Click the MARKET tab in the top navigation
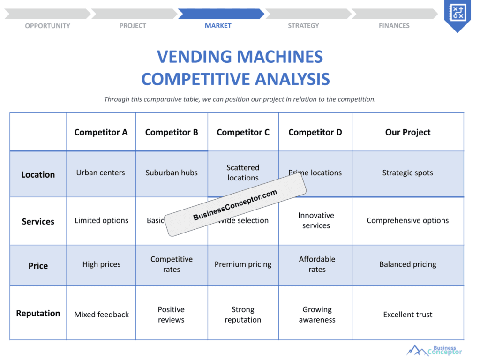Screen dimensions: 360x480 (218, 26)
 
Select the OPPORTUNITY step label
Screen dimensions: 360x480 (47, 26)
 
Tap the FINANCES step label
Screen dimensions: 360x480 (394, 26)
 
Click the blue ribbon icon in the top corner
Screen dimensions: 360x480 (457, 14)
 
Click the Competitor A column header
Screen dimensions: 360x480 (101, 132)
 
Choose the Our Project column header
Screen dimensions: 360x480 (408, 132)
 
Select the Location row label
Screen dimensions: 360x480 (38, 174)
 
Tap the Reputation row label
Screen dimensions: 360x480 (38, 313)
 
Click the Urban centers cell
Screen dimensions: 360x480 (101, 172)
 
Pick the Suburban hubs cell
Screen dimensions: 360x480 (172, 172)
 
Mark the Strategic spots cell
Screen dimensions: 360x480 (408, 172)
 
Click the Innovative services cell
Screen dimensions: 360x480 (316, 220)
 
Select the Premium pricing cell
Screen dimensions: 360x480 (243, 264)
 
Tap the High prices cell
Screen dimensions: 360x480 (101, 264)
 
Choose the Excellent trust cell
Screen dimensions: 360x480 (408, 315)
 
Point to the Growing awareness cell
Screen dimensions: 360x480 (317, 315)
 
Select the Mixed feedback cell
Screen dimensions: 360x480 (101, 315)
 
